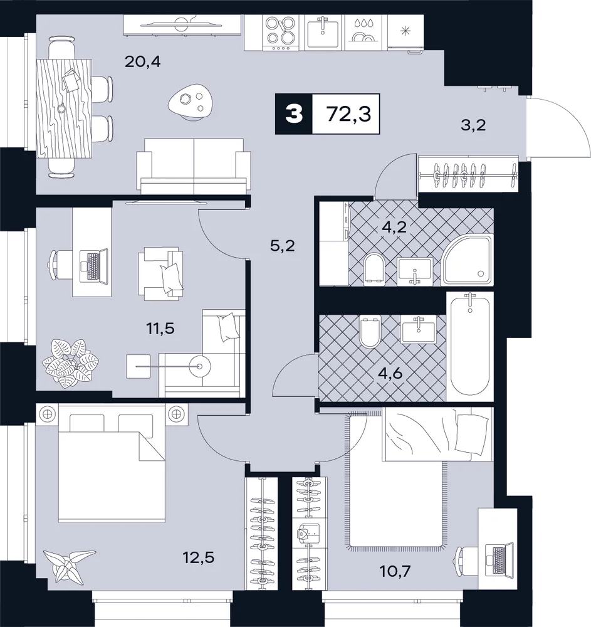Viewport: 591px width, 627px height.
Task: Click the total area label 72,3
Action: [349, 114]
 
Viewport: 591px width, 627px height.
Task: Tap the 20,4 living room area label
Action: [143, 61]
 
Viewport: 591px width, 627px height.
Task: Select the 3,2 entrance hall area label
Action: [473, 125]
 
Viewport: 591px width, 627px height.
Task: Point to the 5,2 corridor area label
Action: [283, 246]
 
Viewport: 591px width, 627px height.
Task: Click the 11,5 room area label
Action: [160, 329]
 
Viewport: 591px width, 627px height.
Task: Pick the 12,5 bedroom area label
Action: [199, 557]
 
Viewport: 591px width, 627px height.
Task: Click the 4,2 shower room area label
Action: [394, 227]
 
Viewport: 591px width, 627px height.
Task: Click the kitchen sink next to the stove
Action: [323, 33]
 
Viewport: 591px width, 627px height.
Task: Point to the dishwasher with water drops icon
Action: [365, 33]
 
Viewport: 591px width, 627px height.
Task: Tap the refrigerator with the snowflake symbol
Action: [405, 33]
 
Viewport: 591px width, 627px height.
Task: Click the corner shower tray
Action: [467, 260]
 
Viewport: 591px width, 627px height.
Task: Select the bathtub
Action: [470, 346]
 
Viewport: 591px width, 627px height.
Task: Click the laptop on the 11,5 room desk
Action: [94, 266]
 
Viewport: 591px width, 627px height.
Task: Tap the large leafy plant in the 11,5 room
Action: [70, 363]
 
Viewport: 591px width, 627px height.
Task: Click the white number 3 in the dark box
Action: [294, 114]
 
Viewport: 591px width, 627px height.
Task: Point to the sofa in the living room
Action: [194, 166]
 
